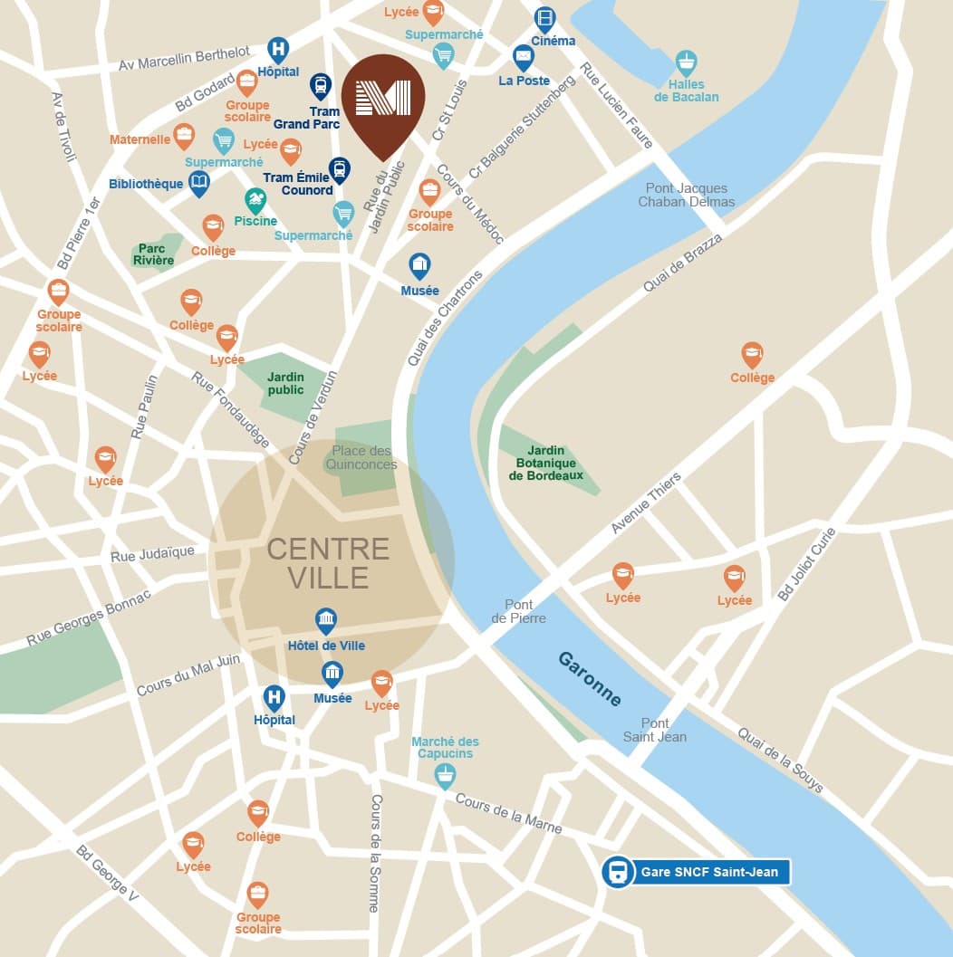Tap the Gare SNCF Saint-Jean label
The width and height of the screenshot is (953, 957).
[713, 873]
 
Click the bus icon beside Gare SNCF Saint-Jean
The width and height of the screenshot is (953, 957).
[618, 873]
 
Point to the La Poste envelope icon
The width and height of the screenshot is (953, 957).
[524, 57]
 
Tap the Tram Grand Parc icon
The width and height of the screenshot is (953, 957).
[320, 85]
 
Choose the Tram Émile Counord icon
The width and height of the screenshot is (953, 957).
[339, 168]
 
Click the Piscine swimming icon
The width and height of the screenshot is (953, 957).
[255, 200]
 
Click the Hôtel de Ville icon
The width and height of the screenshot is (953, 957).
[326, 621]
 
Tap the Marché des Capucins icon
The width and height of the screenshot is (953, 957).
[445, 774]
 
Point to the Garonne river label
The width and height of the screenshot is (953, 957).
[590, 679]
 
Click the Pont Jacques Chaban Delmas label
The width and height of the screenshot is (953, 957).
[686, 196]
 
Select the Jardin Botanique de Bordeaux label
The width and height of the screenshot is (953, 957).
[546, 463]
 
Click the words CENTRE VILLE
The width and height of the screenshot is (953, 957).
[328, 562]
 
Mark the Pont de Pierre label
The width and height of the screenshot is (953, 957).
[519, 611]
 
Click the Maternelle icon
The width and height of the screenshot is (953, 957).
[184, 136]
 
